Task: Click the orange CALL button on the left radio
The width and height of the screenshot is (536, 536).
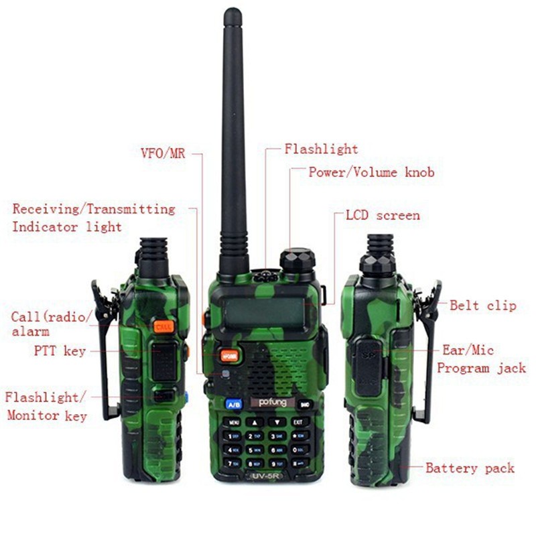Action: tap(163, 326)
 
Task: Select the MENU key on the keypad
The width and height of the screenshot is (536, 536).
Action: tap(234, 422)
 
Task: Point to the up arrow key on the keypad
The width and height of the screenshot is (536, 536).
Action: tap(255, 422)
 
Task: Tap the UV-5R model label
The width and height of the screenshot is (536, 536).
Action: tap(266, 476)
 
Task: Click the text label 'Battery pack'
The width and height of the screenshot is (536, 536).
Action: tap(470, 468)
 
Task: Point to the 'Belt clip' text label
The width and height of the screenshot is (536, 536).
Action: tap(482, 306)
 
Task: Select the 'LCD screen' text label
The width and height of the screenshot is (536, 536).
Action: tap(383, 215)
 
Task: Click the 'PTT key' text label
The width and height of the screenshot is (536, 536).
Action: tap(60, 350)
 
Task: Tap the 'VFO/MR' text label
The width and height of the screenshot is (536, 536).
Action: tap(160, 153)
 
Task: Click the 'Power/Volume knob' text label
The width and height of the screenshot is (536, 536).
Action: tap(371, 172)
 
